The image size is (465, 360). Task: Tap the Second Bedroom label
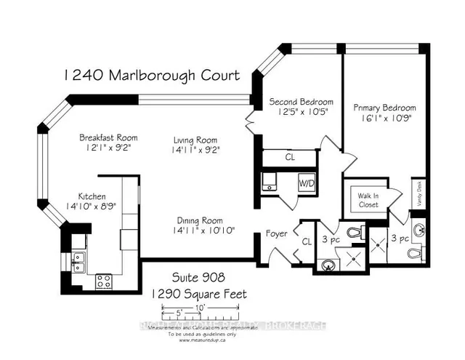pyautogui.click(x=301, y=101)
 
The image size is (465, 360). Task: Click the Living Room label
pyautogui.click(x=195, y=140)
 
